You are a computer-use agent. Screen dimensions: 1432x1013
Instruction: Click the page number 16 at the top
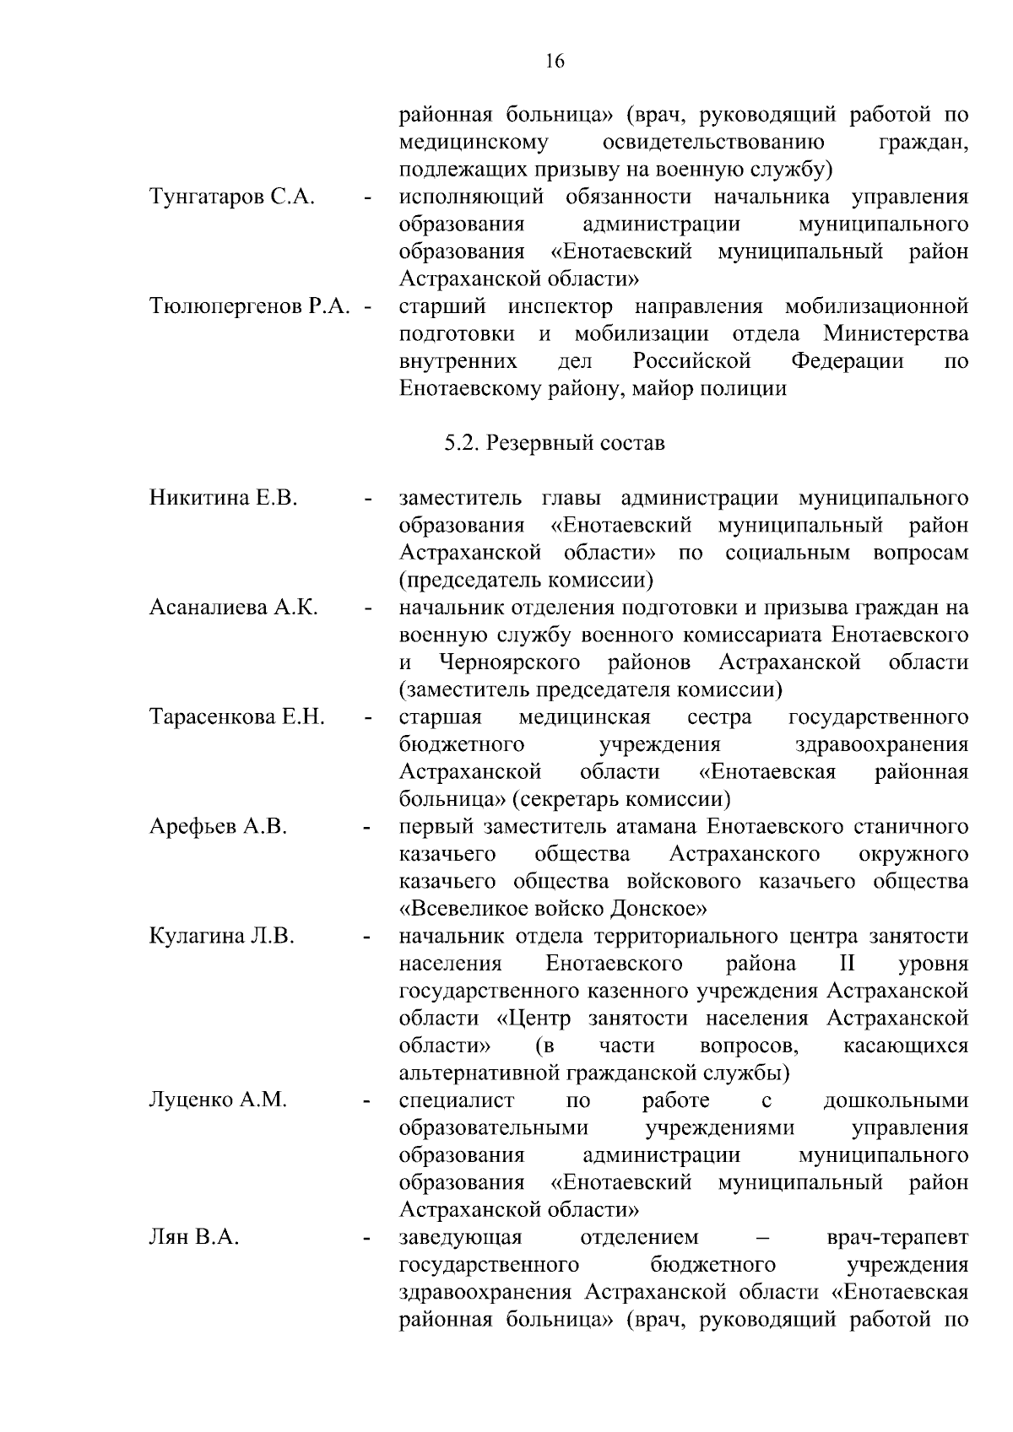click(555, 61)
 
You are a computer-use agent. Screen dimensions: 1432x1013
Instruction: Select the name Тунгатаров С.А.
click(232, 197)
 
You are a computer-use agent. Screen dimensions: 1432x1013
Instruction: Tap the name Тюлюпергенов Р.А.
click(250, 306)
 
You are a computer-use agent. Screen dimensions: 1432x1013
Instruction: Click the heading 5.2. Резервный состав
click(555, 443)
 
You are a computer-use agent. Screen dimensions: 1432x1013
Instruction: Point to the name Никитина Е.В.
click(224, 498)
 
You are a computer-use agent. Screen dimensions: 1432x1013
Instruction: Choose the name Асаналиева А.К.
click(234, 608)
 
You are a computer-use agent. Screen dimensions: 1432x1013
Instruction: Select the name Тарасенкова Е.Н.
click(237, 717)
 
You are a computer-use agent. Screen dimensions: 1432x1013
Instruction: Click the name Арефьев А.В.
click(219, 827)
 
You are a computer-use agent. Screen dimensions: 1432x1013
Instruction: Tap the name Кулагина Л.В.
click(222, 937)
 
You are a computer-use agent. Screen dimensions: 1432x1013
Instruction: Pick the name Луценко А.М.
click(219, 1100)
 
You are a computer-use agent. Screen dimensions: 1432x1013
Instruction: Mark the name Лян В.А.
click(194, 1238)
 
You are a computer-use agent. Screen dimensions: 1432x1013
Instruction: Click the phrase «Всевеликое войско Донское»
click(553, 910)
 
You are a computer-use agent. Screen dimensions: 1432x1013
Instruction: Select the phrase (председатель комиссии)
click(527, 581)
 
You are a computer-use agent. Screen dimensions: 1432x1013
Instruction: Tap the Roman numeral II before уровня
click(847, 964)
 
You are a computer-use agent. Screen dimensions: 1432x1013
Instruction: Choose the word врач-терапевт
click(898, 1238)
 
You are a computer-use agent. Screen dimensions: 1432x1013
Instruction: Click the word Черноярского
click(510, 662)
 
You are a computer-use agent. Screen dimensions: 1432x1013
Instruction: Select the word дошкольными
click(896, 1100)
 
